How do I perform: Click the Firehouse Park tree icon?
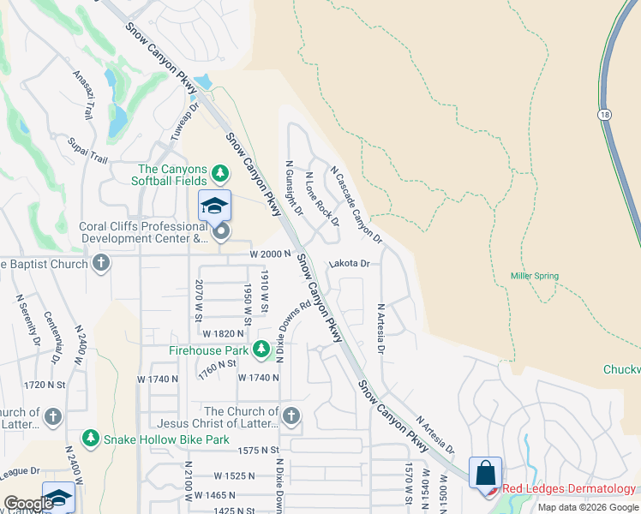pyautogui.click(x=261, y=350)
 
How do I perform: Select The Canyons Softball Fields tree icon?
pyautogui.click(x=221, y=174)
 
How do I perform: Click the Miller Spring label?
pyautogui.click(x=535, y=276)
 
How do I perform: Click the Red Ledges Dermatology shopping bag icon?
pyautogui.click(x=485, y=473)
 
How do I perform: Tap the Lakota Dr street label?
pyautogui.click(x=349, y=264)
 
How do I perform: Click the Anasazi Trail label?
pyautogui.click(x=84, y=94)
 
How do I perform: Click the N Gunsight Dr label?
pyautogui.click(x=294, y=187)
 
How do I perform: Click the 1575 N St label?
pyautogui.click(x=259, y=450)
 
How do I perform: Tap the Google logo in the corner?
pyautogui.click(x=28, y=504)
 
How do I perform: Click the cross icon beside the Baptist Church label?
pyautogui.click(x=101, y=263)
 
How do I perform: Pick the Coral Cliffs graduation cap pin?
pyautogui.click(x=214, y=206)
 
